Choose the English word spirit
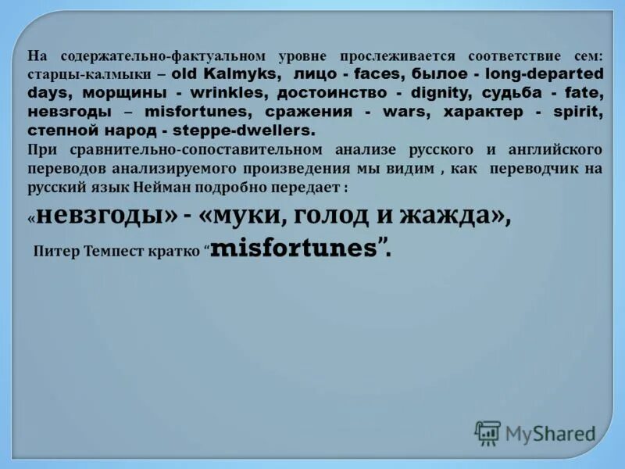[577, 111]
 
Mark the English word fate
[586, 93]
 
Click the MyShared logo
[535, 432]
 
